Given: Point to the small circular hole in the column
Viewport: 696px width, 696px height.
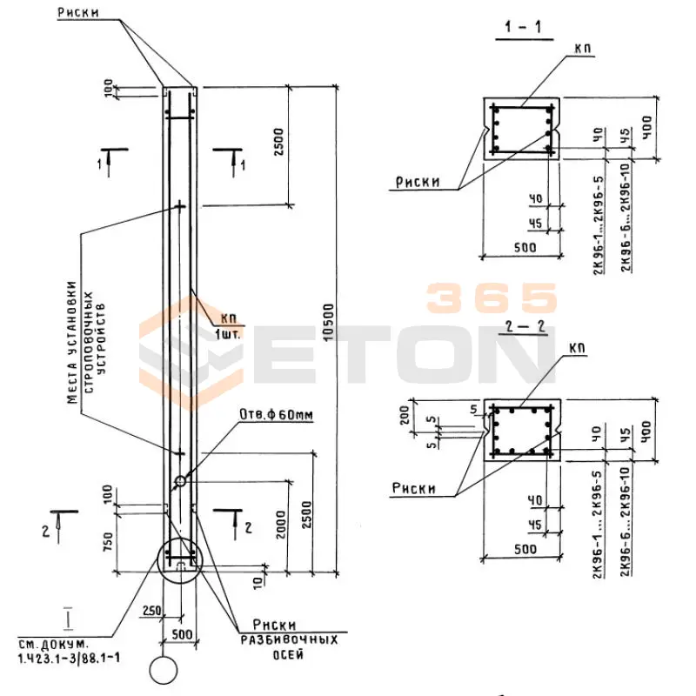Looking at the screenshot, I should tap(180, 480).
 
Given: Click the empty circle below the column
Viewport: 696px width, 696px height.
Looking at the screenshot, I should tap(162, 671).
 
